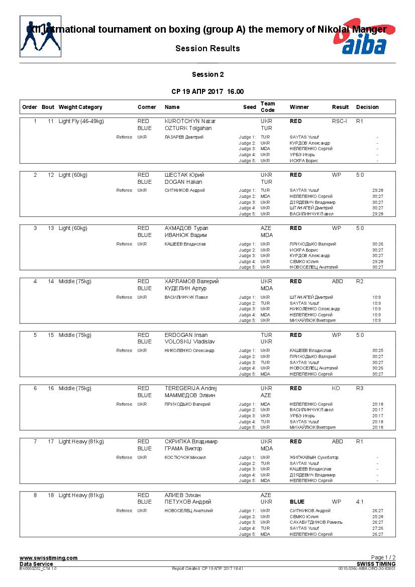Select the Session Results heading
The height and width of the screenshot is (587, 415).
point(207,49)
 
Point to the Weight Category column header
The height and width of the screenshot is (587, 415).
point(80,107)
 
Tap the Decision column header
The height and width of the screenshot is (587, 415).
point(367,107)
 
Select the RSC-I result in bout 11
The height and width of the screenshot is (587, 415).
point(339,122)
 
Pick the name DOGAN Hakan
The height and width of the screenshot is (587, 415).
point(183,182)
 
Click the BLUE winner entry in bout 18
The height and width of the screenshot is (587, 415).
point(297,502)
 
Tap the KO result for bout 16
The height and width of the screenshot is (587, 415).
point(336,388)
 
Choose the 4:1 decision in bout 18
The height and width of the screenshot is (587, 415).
point(360,502)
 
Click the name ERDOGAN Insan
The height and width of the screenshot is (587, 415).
point(186,335)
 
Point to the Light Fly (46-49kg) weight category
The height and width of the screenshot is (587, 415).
point(81,122)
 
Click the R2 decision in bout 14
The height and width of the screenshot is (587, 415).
point(359,281)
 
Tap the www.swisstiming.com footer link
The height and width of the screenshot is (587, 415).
point(48,558)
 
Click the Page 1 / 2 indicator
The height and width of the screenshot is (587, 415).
point(383,557)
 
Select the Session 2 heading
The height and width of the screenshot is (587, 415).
point(207,75)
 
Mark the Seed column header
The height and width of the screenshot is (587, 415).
point(249,107)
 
